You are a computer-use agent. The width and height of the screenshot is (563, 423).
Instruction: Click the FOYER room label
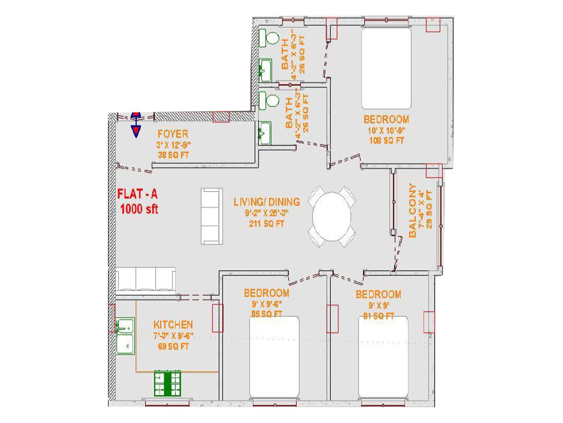point(173,134)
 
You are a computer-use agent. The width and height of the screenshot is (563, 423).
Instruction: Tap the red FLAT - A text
point(137,194)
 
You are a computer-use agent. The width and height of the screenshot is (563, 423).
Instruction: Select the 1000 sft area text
point(139,209)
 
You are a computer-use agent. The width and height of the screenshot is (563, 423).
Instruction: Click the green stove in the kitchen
point(167,383)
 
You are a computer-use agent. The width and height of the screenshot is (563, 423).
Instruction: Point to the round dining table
point(332,216)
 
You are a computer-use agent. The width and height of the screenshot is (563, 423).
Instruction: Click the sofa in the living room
point(211,216)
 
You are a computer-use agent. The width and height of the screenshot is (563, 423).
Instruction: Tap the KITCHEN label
point(173,325)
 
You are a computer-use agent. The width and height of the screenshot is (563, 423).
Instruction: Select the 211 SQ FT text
point(266,224)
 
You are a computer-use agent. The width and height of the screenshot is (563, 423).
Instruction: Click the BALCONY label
point(412,210)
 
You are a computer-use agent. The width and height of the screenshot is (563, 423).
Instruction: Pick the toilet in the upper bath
point(269,38)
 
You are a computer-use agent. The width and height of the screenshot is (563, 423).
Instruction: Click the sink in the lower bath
point(265,133)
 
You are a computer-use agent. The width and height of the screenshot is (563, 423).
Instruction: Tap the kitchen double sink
point(125,336)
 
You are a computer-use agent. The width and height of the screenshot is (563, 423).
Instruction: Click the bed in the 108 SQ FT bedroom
point(386,68)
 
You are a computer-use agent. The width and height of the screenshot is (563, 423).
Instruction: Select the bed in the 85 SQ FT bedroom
point(274,357)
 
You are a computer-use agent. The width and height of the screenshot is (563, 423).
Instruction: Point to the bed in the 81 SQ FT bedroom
point(383,357)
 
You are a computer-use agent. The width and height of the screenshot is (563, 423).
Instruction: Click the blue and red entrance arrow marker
point(136,125)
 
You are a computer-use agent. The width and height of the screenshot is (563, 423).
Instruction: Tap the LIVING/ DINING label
point(267,202)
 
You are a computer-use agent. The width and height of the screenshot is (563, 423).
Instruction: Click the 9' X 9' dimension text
point(379,306)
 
